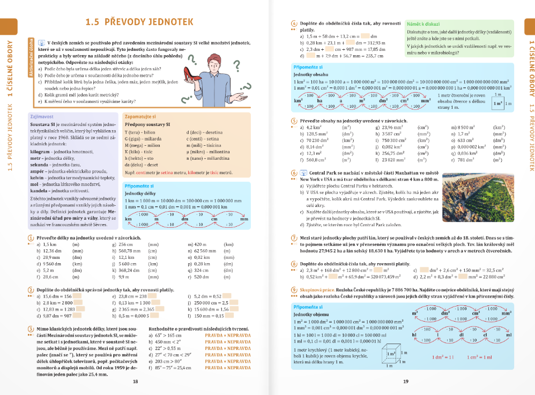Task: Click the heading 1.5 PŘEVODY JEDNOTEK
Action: [139, 22]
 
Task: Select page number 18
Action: [136, 381]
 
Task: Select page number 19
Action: [406, 381]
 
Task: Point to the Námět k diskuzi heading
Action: [424, 24]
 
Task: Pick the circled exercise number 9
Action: [293, 289]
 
